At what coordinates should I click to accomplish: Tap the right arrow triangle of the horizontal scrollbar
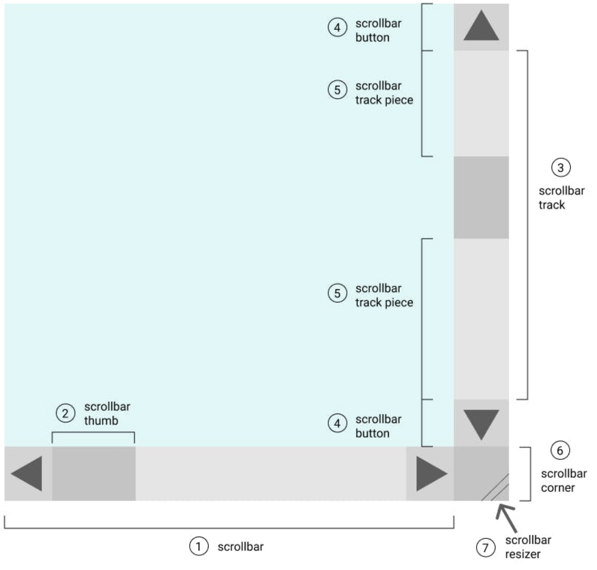[x=430, y=473]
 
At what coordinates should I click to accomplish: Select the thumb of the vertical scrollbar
[x=481, y=197]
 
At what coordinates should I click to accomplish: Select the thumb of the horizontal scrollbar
[x=94, y=473]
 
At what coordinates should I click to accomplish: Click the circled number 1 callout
[x=198, y=546]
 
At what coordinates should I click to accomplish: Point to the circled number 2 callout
[x=65, y=413]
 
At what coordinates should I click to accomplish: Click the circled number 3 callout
[x=561, y=168]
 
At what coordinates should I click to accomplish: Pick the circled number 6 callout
[x=560, y=451]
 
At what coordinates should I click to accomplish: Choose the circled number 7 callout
[x=485, y=548]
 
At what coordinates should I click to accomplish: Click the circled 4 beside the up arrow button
[x=337, y=28]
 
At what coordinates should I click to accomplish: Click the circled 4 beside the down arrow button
[x=337, y=423]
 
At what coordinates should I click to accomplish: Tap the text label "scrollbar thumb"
[x=107, y=414]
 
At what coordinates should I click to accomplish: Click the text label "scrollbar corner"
[x=564, y=481]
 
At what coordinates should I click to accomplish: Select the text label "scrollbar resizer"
[x=528, y=547]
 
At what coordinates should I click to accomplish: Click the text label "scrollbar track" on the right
[x=561, y=198]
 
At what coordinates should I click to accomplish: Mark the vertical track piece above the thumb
[x=481, y=104]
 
